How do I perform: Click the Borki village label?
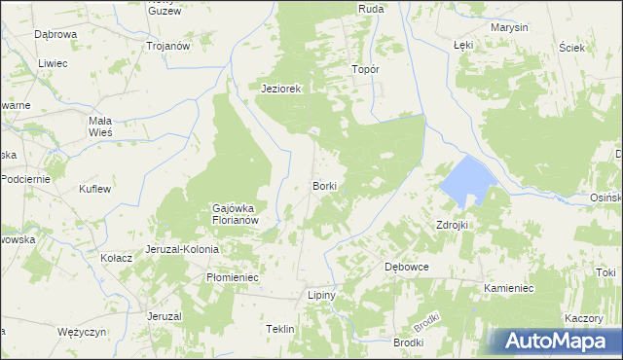point(324,185)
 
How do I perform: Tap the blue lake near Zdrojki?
point(465,179)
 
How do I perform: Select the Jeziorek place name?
point(282,89)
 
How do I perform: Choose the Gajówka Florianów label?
point(234,213)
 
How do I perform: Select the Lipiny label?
point(321,295)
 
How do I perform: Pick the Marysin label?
point(509,27)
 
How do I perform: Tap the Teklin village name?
point(279,330)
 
